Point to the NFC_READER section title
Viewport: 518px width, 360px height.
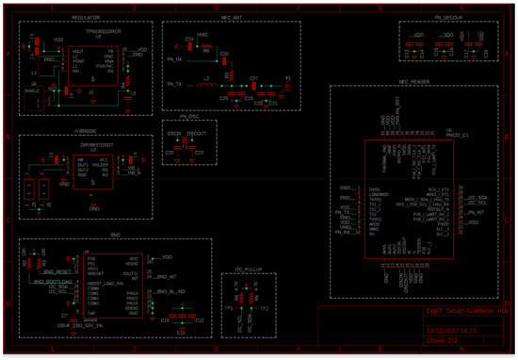coord(414,82)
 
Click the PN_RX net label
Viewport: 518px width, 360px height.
coord(173,59)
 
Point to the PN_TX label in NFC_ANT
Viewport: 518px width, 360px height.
coord(173,84)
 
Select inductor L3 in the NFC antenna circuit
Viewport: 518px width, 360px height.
coord(206,80)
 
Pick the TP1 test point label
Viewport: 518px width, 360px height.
coord(229,308)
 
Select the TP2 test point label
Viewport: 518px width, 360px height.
coord(265,308)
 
